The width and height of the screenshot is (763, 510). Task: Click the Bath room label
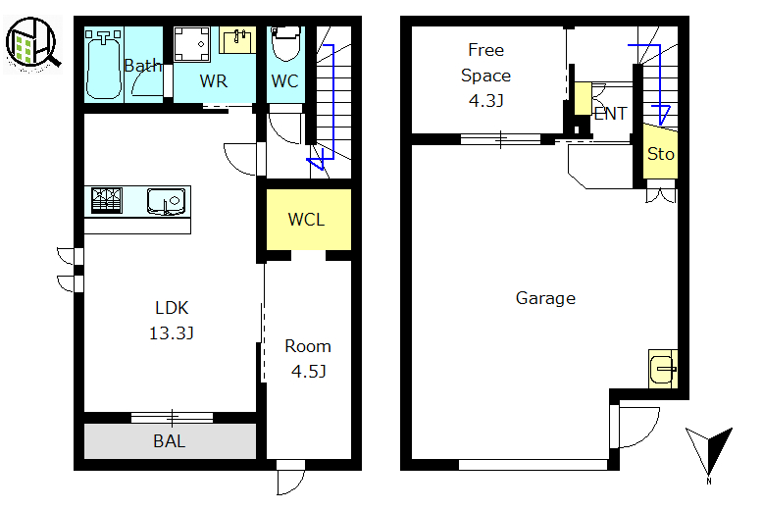[142, 65]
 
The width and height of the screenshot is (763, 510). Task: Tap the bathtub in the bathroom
[103, 65]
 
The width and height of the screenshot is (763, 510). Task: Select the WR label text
[214, 80]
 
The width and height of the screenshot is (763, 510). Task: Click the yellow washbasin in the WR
[237, 40]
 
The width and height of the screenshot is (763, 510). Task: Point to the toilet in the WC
[286, 44]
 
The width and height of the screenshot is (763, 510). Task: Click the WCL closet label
[306, 220]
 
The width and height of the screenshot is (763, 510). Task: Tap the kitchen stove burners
[107, 200]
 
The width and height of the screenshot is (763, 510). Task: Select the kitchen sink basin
[166, 201]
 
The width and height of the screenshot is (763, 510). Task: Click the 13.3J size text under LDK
[172, 333]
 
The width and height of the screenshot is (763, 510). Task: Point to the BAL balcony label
[170, 441]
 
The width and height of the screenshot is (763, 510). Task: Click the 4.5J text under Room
[309, 372]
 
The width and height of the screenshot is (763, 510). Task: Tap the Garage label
[545, 298]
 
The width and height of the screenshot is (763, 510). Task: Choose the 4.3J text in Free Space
[485, 101]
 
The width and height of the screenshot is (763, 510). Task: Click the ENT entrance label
[610, 114]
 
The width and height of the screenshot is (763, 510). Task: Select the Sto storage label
[660, 154]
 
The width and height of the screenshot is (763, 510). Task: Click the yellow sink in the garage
[663, 369]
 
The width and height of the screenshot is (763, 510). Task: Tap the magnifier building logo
[33, 43]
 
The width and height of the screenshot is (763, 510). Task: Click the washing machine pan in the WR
[192, 44]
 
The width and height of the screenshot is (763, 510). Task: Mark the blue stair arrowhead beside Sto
[662, 115]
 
